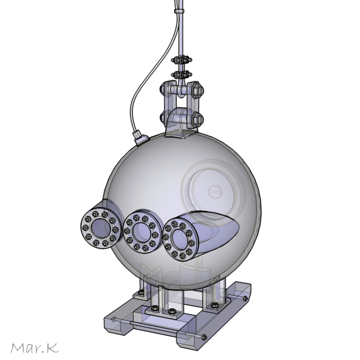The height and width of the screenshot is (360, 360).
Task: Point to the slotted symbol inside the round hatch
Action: coord(213,192)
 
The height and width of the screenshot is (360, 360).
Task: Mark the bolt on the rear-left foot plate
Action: coord(140,294)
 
